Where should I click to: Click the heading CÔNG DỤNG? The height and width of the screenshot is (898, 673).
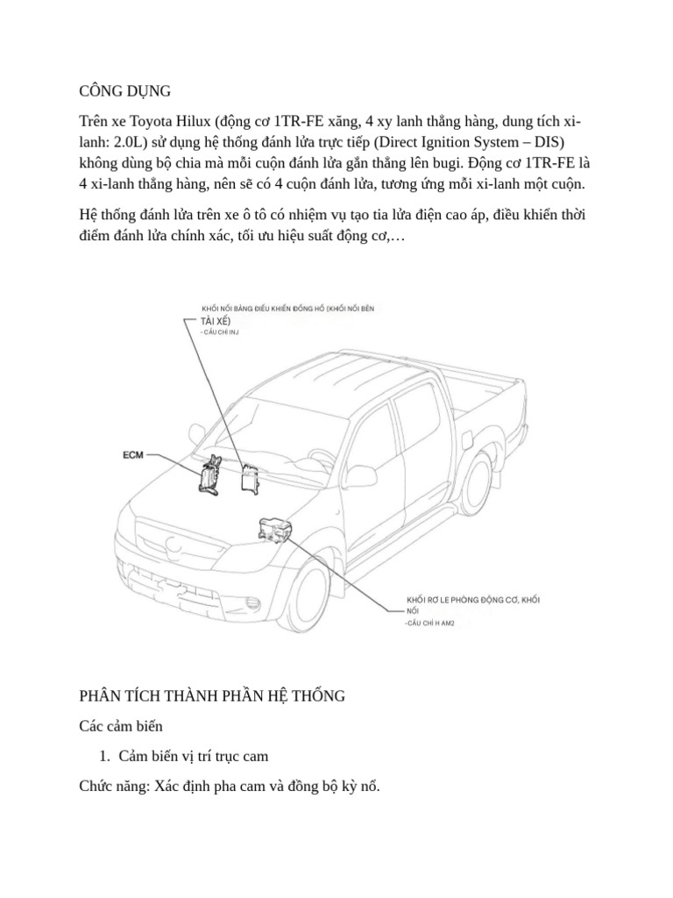[x=124, y=91]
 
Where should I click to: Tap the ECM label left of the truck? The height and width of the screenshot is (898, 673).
[x=133, y=455]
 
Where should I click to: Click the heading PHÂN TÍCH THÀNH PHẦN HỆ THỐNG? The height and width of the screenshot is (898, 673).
[x=212, y=695]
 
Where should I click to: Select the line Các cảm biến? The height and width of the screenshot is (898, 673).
[x=120, y=726]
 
